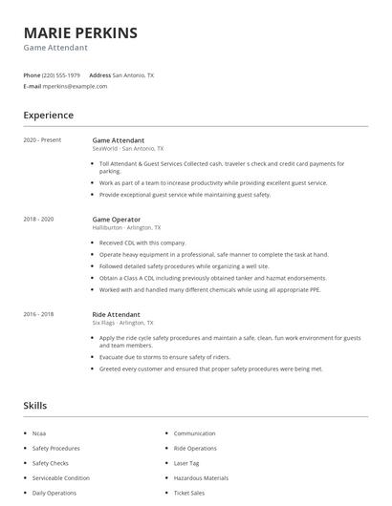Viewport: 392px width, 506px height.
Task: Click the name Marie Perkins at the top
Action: [80, 33]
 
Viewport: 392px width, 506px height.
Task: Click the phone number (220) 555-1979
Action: [62, 74]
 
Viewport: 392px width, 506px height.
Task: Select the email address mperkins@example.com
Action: [75, 86]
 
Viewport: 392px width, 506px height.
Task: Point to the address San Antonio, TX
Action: [133, 74]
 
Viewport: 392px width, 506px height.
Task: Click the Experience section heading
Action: [48, 116]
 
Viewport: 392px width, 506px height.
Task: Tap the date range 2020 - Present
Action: [42, 140]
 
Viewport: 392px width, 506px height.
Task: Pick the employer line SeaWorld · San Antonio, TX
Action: [127, 149]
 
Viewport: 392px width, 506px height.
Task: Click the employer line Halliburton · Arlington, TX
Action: [126, 228]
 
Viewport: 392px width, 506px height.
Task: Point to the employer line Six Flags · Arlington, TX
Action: [124, 323]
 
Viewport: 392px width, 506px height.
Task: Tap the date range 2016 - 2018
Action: [38, 314]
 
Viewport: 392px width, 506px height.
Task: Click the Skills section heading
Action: [34, 406]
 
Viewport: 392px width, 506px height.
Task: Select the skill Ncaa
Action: [40, 433]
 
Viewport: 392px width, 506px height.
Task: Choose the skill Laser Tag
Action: [186, 463]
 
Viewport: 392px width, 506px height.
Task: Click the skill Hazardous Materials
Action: [201, 477]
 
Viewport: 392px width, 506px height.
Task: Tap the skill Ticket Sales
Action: [189, 493]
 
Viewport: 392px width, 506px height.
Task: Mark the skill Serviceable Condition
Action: [61, 477]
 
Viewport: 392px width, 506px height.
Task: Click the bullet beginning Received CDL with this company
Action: [143, 243]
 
